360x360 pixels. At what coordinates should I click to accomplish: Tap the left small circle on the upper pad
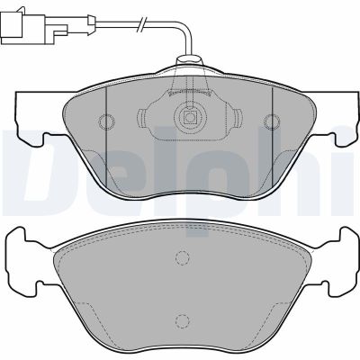pos(105,122)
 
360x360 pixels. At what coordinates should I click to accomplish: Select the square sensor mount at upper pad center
pos(190,117)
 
